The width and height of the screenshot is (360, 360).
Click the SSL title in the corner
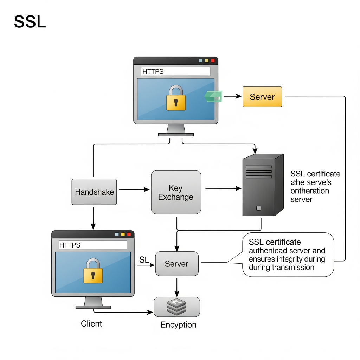pos(30,22)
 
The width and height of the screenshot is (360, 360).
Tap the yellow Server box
pos(262,97)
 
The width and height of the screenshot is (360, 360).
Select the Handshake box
pos(94,192)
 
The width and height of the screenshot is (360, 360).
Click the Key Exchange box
pos(176,192)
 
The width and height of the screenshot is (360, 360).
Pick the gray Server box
pos(176,264)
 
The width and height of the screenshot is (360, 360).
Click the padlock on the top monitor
pos(176,98)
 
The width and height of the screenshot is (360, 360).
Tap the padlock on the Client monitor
pos(93,271)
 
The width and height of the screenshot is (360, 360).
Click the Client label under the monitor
pos(91,323)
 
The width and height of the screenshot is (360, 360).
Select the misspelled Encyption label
pos(178,325)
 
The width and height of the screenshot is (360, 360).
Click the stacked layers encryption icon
pos(176,307)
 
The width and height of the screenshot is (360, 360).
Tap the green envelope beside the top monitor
pos(213,96)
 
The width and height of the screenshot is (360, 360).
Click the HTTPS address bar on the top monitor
pos(175,71)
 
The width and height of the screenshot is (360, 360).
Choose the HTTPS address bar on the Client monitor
pos(92,245)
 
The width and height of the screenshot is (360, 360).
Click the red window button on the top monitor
pos(213,61)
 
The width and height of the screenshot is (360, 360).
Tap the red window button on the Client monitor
pos(129,234)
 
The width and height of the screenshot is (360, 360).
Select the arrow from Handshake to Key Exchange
pos(134,189)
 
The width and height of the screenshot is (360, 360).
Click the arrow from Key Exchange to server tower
pos(223,189)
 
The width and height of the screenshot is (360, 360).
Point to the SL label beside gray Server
pos(144,260)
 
